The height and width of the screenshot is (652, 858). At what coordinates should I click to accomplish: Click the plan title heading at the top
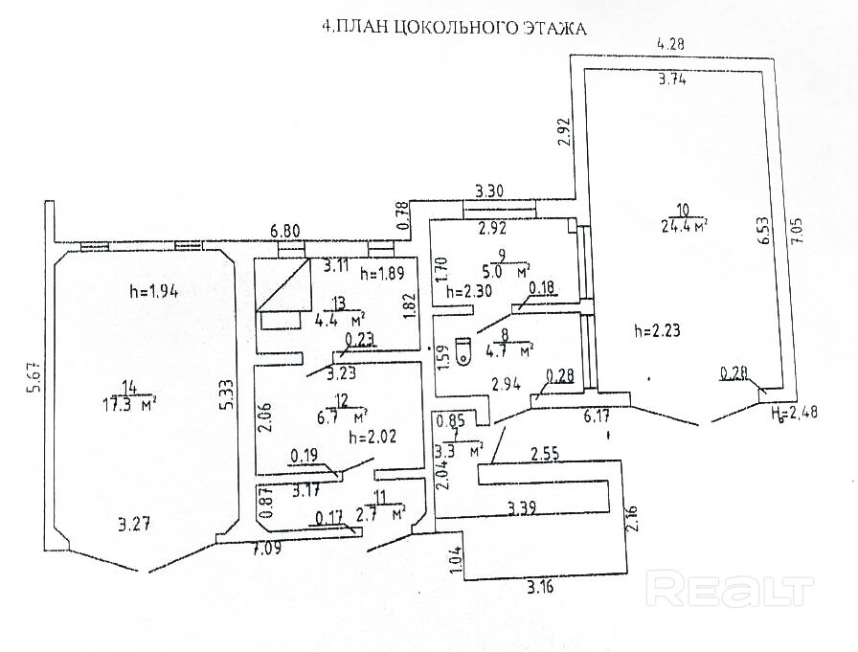(x=454, y=29)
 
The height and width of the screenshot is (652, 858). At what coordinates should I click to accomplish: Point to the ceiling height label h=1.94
(x=154, y=289)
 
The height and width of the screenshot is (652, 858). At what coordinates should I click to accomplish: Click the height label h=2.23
(x=660, y=331)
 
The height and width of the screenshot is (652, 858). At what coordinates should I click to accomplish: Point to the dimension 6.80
(x=285, y=230)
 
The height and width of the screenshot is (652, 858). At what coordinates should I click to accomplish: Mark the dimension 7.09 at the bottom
(x=267, y=549)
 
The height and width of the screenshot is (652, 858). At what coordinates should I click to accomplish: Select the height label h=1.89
(x=382, y=273)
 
